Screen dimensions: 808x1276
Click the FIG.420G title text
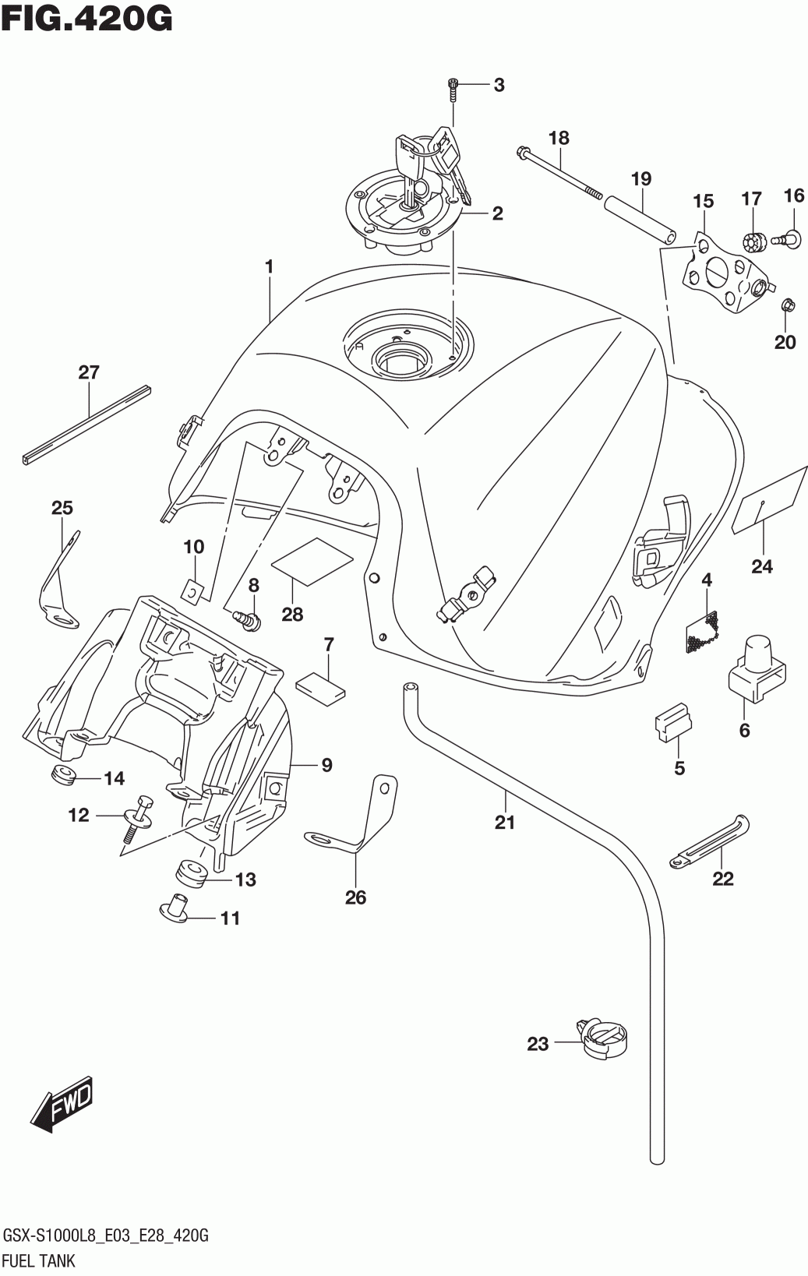pyautogui.click(x=87, y=18)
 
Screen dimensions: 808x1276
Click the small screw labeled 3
pyautogui.click(x=453, y=90)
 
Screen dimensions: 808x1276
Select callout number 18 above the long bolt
pyautogui.click(x=559, y=138)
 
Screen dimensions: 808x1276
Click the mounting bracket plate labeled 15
pyautogui.click(x=727, y=272)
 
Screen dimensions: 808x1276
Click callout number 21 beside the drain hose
pyautogui.click(x=505, y=822)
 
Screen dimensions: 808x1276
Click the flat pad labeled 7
pyautogui.click(x=321, y=687)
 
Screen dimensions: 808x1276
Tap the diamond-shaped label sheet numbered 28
pyautogui.click(x=312, y=562)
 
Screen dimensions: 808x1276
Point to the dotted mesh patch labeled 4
pyautogui.click(x=702, y=632)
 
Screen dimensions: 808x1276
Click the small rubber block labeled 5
pyautogui.click(x=673, y=724)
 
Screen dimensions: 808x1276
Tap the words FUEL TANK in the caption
pyautogui.click(x=39, y=1260)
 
